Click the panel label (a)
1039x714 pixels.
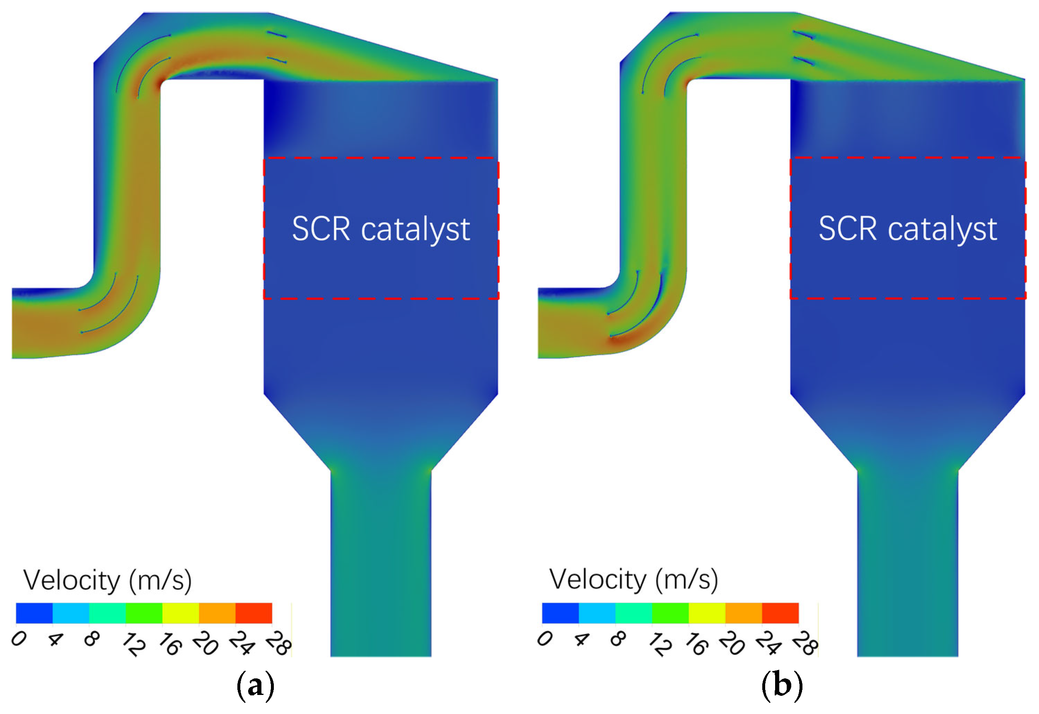pos(255,685)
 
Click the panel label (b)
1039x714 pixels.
pos(782,685)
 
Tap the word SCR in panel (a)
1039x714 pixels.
pos(321,229)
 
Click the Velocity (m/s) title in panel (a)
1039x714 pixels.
pos(107,581)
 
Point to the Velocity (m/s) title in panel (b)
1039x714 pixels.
pos(633,580)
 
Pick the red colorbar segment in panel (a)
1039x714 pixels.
pos(254,613)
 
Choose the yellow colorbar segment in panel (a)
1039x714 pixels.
pos(180,613)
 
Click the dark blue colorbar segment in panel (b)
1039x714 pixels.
pos(560,613)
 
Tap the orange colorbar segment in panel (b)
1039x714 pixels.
pos(743,613)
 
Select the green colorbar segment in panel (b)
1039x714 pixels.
pos(670,613)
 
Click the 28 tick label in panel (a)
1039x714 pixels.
pos(278,645)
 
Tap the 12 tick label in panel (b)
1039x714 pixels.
pos(660,645)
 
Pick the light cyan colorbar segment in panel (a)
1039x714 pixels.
pos(71,613)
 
